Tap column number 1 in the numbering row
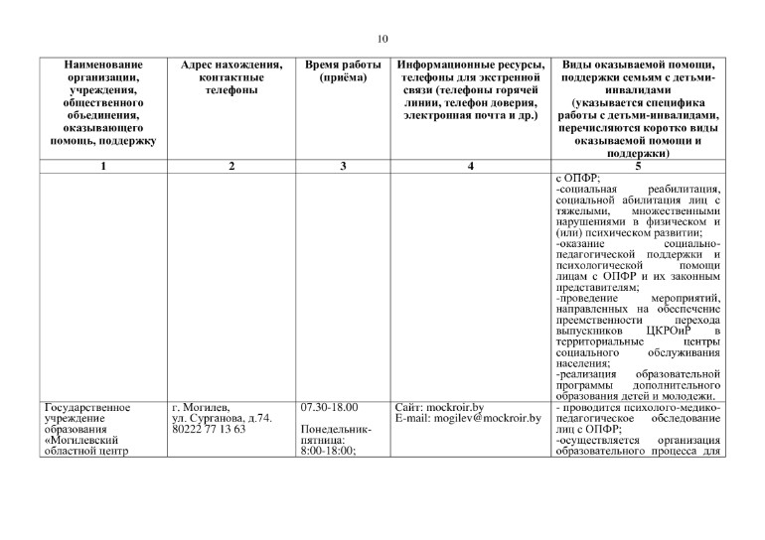pyautogui.click(x=103, y=166)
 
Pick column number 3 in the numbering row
pyautogui.click(x=342, y=166)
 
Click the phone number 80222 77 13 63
pyautogui.click(x=212, y=430)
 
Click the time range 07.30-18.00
pyautogui.click(x=328, y=408)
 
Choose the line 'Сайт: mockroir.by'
pyautogui.click(x=439, y=408)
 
